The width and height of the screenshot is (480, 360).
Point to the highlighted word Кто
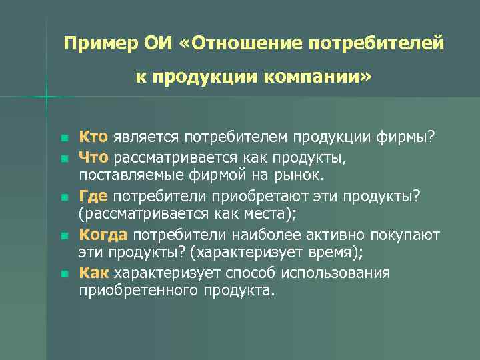pos(94,137)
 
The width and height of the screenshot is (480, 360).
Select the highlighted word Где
pos(94,196)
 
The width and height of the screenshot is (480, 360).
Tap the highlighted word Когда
pos(103,235)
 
